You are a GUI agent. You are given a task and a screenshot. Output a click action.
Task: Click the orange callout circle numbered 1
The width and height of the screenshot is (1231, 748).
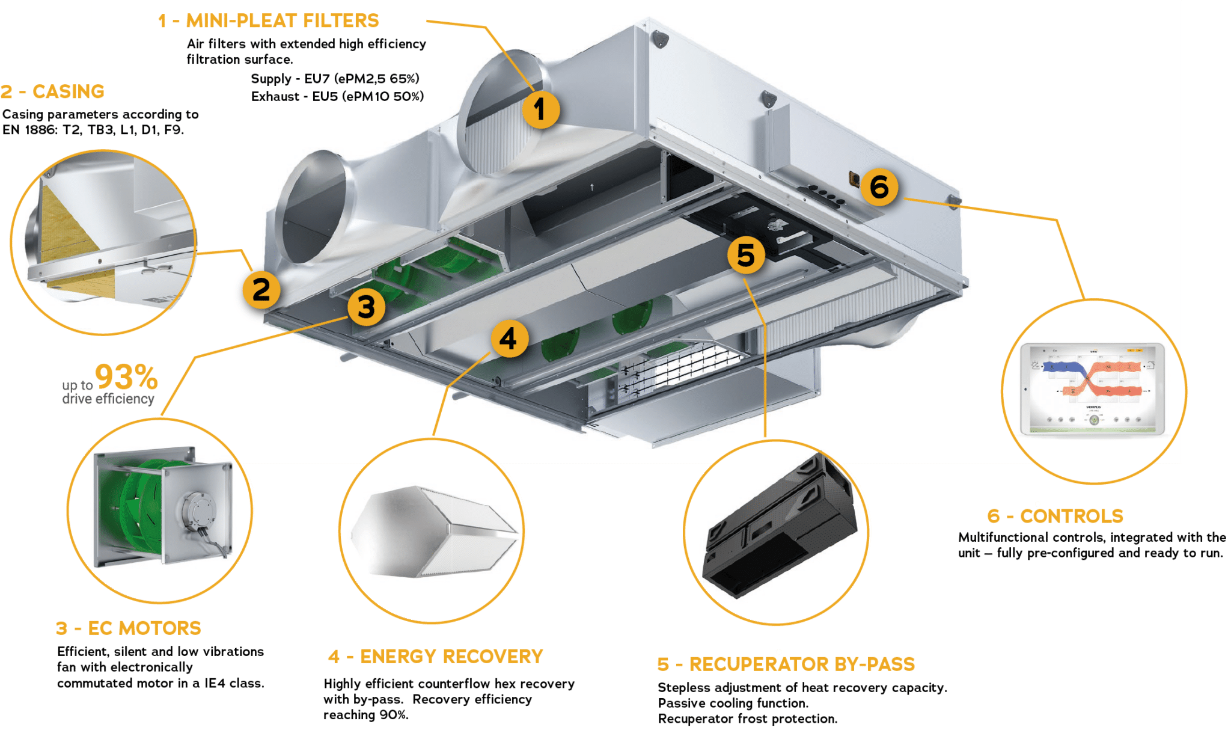540,110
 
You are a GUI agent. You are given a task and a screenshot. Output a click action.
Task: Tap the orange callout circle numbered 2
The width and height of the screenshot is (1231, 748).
261,290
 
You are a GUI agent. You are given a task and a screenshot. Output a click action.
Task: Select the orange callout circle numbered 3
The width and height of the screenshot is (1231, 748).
366,307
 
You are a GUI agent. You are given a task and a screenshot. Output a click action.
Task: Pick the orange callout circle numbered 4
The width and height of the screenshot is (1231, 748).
509,339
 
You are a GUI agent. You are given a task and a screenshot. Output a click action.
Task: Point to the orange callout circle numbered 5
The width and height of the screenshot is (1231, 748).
745,255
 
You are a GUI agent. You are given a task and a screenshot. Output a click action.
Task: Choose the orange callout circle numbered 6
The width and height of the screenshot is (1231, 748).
879,187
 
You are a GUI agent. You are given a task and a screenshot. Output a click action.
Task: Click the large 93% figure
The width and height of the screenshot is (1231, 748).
126,378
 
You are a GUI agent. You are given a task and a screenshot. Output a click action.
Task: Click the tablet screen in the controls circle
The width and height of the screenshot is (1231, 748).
1093,388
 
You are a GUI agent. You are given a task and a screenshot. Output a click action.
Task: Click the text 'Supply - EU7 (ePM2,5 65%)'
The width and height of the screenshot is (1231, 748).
335,79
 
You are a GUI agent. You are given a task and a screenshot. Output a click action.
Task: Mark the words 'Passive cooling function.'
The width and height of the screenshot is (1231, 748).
733,703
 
